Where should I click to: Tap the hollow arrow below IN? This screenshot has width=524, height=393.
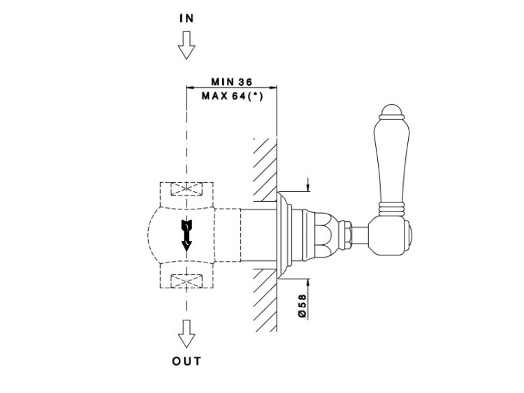[x=186, y=48]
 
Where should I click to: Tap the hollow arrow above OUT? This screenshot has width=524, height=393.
[x=186, y=336]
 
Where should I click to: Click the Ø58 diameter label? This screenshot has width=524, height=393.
[x=303, y=305]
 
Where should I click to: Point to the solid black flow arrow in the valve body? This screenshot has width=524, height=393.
[x=187, y=235]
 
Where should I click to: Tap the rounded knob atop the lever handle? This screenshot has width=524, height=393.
[x=390, y=110]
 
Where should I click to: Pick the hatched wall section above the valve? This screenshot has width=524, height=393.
[x=265, y=168]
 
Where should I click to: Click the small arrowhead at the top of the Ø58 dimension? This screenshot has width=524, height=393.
[x=307, y=186]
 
